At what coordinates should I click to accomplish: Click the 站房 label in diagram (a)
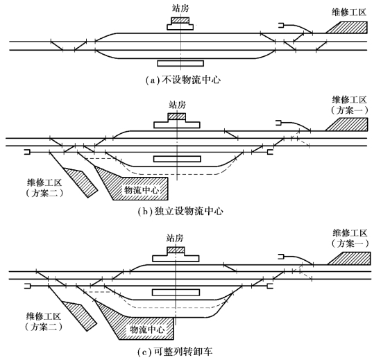(180, 8)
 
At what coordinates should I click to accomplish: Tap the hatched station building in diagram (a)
(180, 20)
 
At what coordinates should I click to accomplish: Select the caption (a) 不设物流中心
(183, 80)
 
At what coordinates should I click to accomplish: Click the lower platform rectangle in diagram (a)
(180, 63)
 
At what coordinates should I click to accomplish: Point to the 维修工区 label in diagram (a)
(349, 12)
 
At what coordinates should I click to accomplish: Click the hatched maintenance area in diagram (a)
(350, 27)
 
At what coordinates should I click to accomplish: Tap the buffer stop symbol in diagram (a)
(281, 25)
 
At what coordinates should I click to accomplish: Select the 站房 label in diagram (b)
(178, 105)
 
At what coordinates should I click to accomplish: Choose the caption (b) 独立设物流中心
(180, 212)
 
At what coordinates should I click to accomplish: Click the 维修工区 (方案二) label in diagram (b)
(44, 188)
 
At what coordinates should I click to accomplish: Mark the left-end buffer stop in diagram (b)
(27, 153)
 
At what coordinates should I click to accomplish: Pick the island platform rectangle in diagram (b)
(177, 159)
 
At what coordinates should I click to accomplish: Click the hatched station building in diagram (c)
(176, 250)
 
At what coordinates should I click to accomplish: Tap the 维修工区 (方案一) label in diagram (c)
(350, 238)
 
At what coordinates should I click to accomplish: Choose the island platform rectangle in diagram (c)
(176, 292)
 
